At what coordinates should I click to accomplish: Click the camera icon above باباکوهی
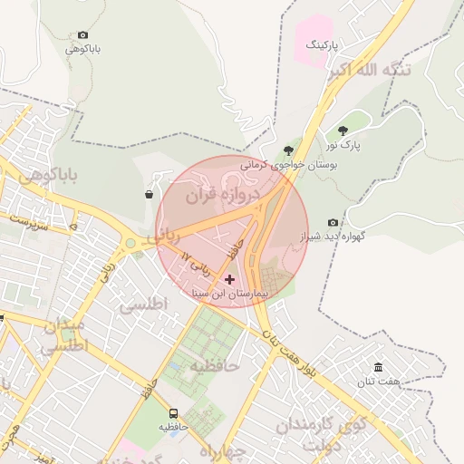tap(83, 34)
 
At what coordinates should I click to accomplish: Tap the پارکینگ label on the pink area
tap(321, 44)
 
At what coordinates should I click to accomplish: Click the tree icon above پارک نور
tap(343, 131)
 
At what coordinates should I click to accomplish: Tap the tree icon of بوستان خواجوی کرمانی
tap(288, 150)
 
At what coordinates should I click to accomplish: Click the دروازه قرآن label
tap(223, 195)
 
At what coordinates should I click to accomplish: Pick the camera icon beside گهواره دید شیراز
tap(333, 222)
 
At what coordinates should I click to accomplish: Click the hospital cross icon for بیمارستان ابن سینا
tap(228, 279)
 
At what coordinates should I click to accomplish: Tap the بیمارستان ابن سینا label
tap(229, 295)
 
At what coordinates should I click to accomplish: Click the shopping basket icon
tap(149, 194)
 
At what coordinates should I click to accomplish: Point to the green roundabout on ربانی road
tap(131, 242)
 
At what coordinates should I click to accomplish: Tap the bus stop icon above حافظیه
tap(173, 413)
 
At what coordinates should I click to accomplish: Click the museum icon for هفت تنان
tap(378, 367)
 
